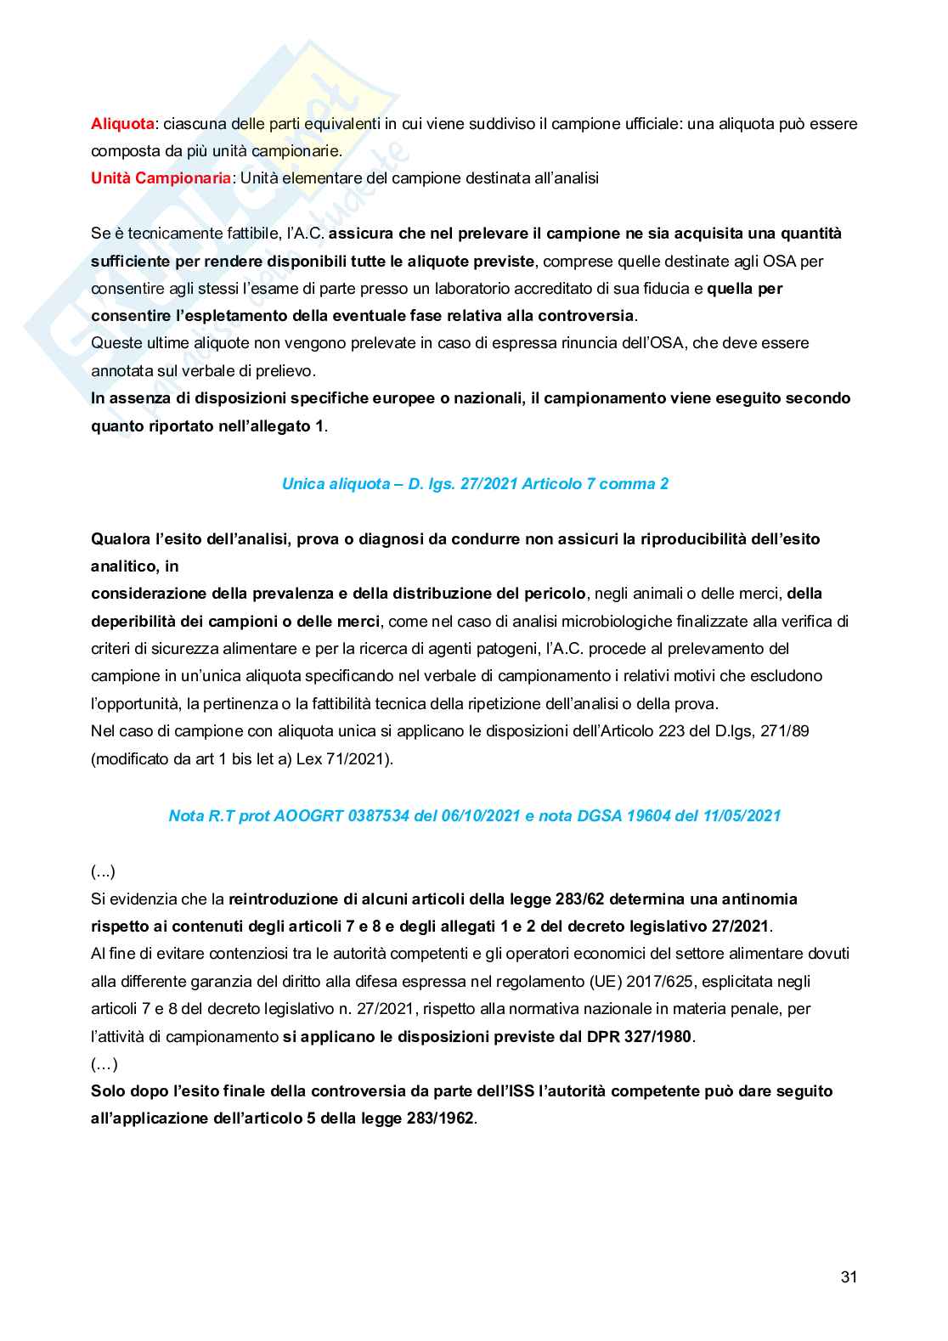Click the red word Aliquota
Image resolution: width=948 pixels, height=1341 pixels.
(x=122, y=124)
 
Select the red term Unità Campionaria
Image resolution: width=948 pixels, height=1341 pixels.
(x=161, y=178)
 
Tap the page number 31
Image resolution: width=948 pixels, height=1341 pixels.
(x=849, y=1277)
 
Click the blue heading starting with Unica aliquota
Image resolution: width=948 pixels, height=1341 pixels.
(x=475, y=484)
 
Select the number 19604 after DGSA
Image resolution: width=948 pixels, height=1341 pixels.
(x=647, y=816)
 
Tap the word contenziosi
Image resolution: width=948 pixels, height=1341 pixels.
(x=211, y=955)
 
